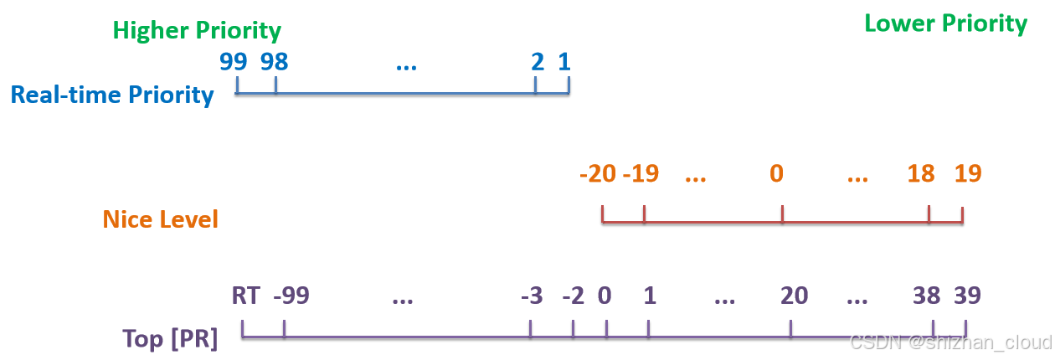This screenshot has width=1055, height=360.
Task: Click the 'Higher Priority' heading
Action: [197, 31]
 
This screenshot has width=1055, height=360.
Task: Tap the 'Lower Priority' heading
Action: [945, 23]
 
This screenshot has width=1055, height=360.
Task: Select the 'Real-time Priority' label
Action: [112, 94]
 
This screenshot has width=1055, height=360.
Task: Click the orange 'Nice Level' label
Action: [161, 219]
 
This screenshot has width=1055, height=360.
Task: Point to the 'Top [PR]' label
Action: [170, 339]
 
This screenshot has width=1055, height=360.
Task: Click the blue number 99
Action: [234, 61]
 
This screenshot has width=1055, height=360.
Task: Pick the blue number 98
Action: [275, 61]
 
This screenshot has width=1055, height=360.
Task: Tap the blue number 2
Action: [538, 61]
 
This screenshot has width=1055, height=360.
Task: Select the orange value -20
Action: [598, 174]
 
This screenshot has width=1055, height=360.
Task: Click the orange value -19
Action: [641, 174]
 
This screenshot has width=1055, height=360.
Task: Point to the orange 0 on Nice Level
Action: [777, 174]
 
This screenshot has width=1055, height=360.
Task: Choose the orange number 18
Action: [921, 174]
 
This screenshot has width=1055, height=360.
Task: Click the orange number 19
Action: [967, 174]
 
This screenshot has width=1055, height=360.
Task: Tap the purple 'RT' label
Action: [246, 296]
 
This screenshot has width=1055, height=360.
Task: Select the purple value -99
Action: [291, 296]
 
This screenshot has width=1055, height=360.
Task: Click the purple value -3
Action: [531, 296]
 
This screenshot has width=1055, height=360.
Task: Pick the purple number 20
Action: [794, 296]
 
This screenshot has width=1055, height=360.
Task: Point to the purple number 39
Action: [966, 296]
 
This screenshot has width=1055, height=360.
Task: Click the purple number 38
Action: [927, 296]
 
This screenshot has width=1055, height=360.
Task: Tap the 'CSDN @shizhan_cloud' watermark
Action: [949, 341]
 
